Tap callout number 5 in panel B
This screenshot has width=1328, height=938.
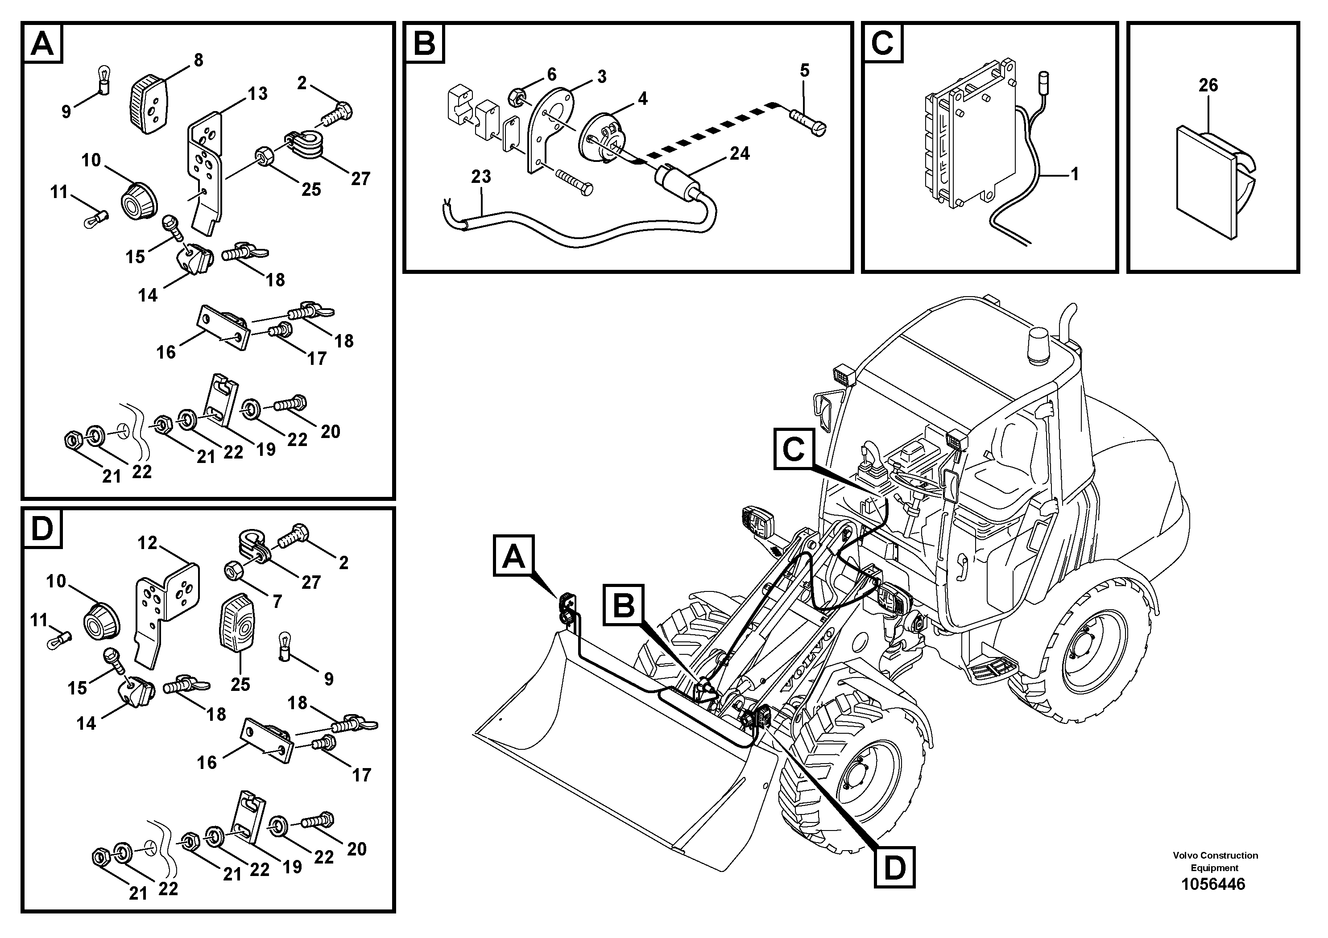805,70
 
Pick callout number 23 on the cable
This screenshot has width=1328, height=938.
480,176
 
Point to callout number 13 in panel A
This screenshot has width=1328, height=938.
258,93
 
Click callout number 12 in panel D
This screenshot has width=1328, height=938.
148,542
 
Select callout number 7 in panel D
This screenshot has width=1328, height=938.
277,601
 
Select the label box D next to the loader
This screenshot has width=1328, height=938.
894,868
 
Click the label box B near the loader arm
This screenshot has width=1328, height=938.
624,605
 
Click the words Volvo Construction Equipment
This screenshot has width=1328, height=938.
1215,861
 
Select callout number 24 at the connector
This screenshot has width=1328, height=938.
739,153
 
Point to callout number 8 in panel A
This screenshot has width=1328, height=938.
199,60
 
